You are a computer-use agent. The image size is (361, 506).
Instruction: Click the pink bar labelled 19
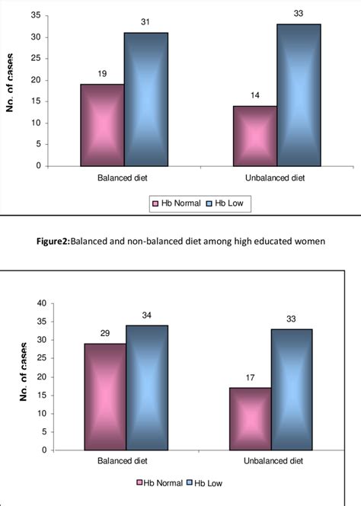102,125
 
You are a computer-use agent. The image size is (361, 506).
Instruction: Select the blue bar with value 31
146,99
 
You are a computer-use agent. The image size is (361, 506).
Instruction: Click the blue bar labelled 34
146,387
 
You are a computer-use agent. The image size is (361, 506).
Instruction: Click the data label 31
146,23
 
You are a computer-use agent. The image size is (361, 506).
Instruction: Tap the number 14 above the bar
254,96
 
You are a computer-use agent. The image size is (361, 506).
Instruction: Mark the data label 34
146,315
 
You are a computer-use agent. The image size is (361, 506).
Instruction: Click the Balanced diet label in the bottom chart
123,460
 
